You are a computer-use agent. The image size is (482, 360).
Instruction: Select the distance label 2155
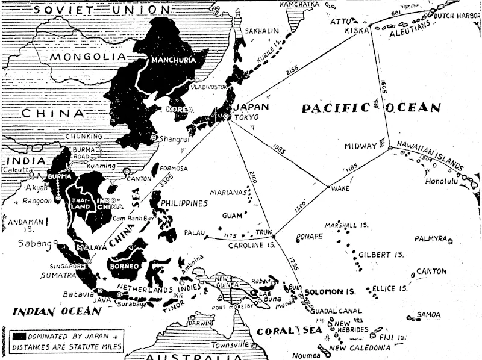(x=292, y=71)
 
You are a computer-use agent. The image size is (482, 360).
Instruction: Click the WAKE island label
(x=340, y=188)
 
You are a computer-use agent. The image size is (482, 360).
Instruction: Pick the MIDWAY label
(x=360, y=146)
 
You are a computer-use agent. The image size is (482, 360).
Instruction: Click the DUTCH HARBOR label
(x=456, y=16)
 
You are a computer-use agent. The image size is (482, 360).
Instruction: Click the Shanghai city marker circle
(x=155, y=138)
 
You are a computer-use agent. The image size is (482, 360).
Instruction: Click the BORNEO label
(x=122, y=265)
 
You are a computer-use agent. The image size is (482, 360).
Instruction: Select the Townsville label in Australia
(x=229, y=345)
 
